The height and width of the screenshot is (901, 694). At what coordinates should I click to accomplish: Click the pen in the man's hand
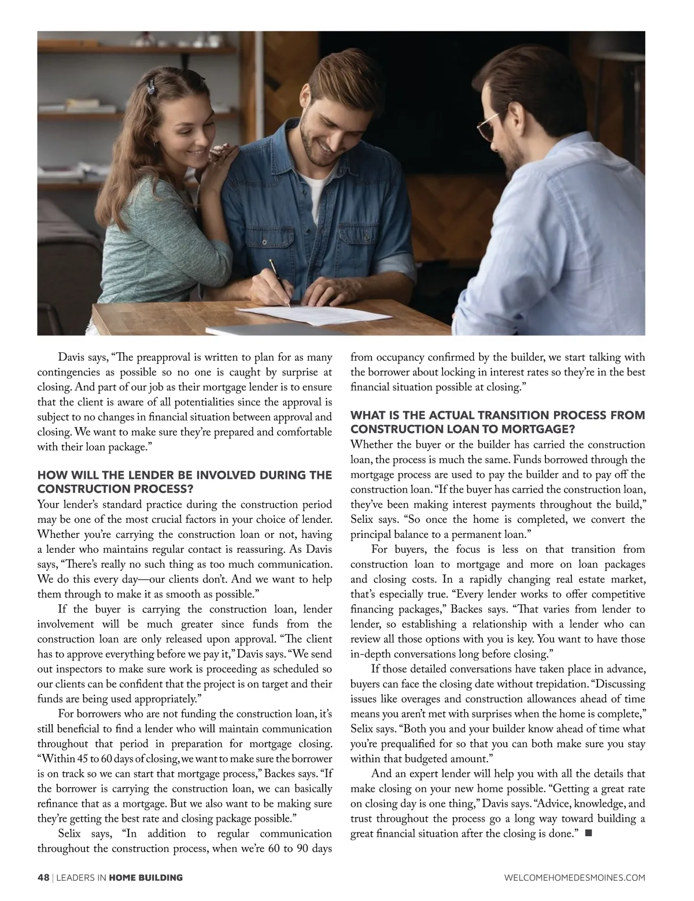(x=279, y=283)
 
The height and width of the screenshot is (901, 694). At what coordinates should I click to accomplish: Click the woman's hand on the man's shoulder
(x=223, y=153)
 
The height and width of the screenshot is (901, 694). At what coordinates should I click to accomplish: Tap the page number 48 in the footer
(x=43, y=877)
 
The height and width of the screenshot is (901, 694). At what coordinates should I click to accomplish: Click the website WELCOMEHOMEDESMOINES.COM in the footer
(x=575, y=877)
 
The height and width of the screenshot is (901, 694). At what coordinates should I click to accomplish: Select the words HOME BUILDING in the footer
(x=146, y=877)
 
